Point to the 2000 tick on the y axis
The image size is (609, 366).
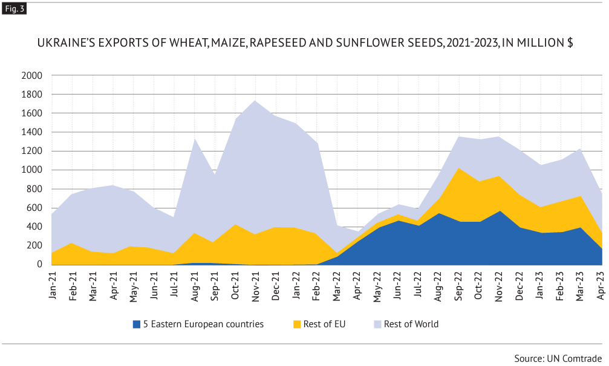[31, 76]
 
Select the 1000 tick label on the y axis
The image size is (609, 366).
[31, 170]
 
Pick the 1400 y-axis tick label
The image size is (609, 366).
[31, 132]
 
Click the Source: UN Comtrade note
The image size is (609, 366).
[558, 356]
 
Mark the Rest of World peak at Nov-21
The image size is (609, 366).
[256, 101]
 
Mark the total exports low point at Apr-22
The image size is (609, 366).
[357, 231]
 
